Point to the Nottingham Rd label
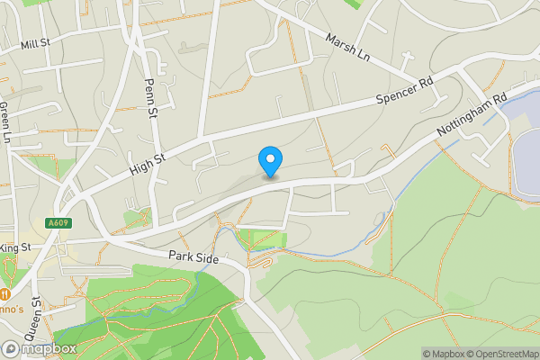tap(472, 115)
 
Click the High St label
tap(148, 164)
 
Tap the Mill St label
tap(36, 43)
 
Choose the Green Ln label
tap(4, 122)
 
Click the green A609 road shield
tap(57, 221)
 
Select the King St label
tap(16, 247)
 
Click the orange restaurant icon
tap(4, 293)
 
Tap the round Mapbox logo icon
tap(11, 348)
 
